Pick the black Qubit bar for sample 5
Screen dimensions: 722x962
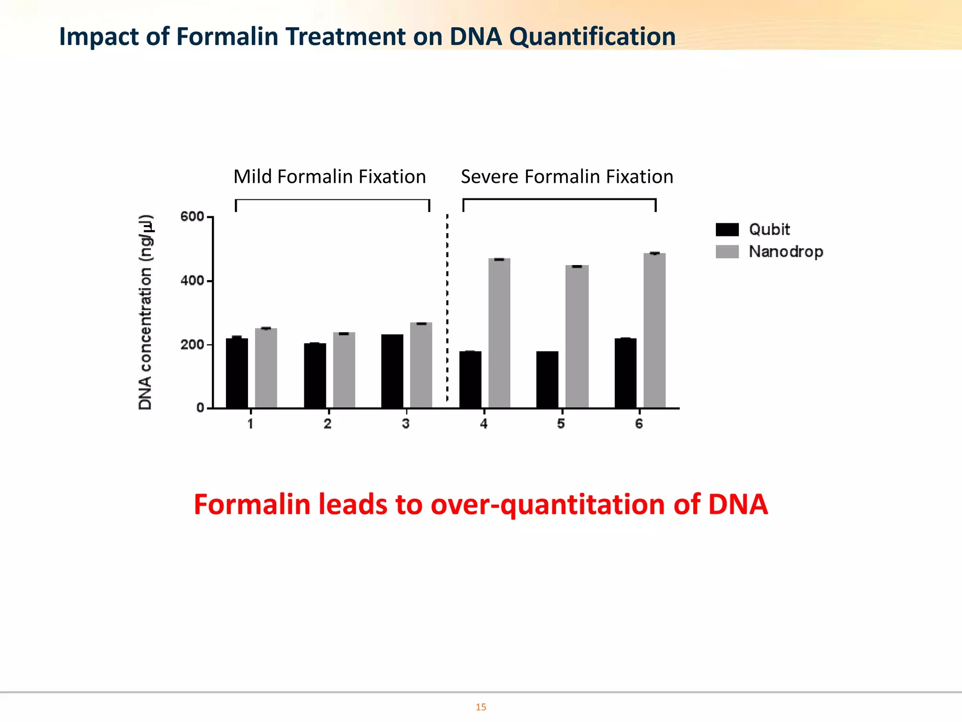tap(547, 379)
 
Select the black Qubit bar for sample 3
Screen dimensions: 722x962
tap(392, 371)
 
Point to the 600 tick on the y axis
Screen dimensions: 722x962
tap(192, 217)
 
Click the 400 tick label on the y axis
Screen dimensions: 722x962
tap(192, 281)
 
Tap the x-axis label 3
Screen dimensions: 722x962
tap(405, 424)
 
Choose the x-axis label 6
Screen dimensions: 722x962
tap(639, 424)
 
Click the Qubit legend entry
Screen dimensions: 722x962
tap(768, 229)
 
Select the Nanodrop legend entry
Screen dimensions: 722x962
tap(785, 251)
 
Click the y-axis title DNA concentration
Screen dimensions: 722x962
tap(146, 313)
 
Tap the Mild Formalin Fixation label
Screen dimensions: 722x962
tap(330, 177)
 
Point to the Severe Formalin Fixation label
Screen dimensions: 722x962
tap(567, 177)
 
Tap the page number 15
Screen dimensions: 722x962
tap(481, 707)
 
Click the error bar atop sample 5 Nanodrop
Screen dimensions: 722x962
tap(577, 267)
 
